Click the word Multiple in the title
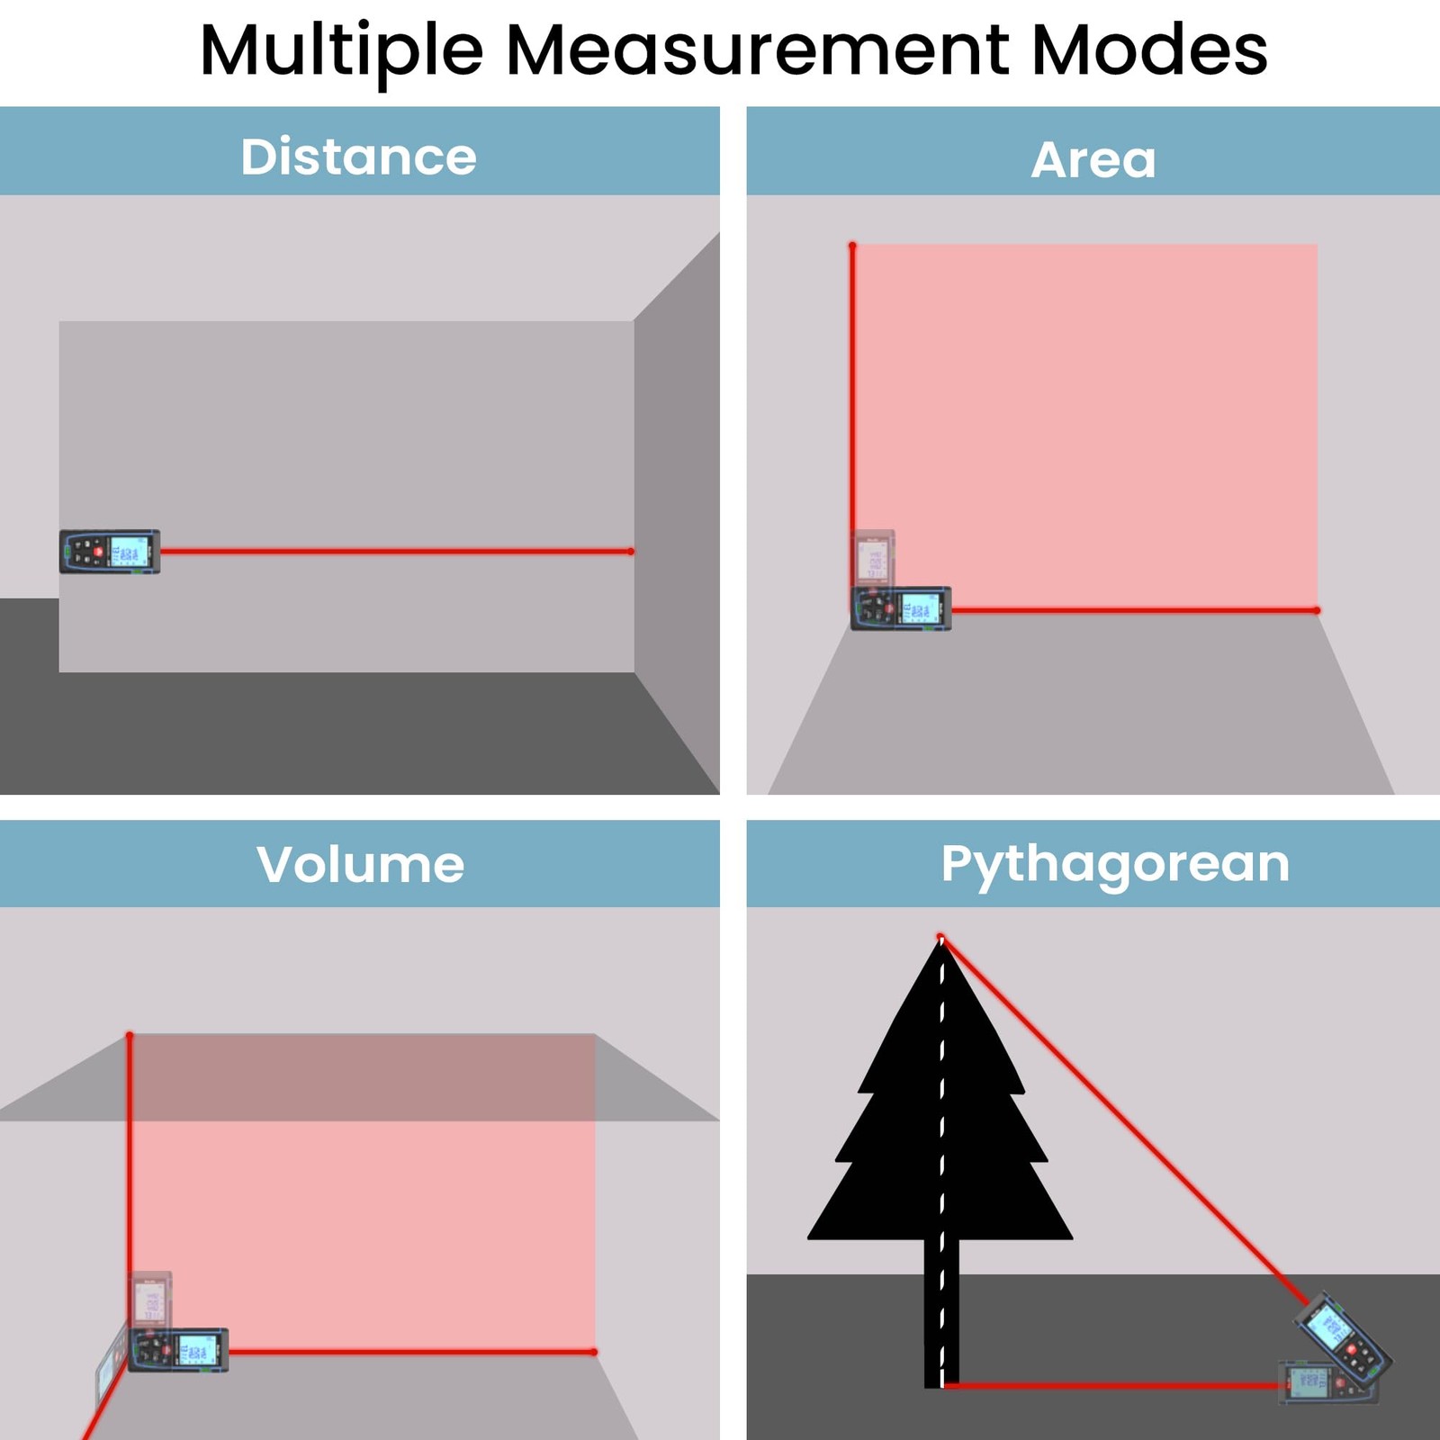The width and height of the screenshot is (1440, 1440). (x=341, y=51)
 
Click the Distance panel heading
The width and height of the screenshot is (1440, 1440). (x=358, y=157)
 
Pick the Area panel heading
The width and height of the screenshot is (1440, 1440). (x=1093, y=160)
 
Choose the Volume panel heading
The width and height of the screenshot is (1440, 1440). (x=360, y=864)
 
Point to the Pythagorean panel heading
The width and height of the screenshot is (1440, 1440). (x=1115, y=864)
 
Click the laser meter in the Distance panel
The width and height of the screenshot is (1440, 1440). (x=110, y=551)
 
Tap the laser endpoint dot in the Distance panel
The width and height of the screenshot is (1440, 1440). (x=631, y=551)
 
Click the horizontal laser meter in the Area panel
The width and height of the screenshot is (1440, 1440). (x=901, y=609)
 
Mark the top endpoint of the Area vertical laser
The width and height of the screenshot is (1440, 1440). (x=852, y=245)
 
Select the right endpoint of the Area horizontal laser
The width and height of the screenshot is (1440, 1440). (x=1317, y=610)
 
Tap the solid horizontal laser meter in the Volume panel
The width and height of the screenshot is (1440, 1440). (x=178, y=1350)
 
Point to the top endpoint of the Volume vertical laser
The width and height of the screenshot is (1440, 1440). (x=130, y=1036)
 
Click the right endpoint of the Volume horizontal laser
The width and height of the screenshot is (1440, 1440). (x=594, y=1352)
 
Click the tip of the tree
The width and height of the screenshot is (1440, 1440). (x=941, y=939)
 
